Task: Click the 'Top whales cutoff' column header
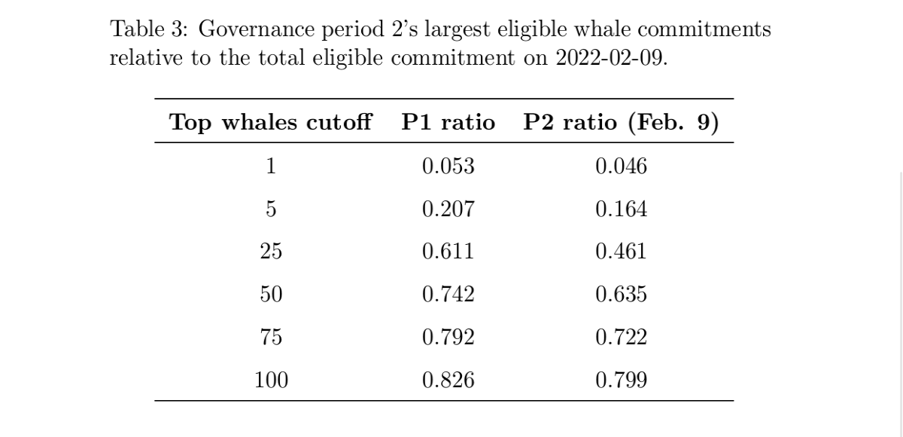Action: (x=270, y=122)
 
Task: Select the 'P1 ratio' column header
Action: (x=448, y=122)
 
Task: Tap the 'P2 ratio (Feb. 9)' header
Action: (x=622, y=122)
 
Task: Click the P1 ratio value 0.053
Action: (x=448, y=167)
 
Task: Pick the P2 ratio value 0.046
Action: (x=622, y=167)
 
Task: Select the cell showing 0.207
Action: (x=448, y=209)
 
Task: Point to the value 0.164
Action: (x=622, y=209)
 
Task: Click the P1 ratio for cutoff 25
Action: (x=448, y=252)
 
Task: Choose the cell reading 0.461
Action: (x=622, y=252)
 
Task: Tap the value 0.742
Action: (x=448, y=294)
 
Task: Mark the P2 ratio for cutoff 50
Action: (x=622, y=294)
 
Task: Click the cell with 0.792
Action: (x=448, y=337)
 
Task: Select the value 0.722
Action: (x=622, y=337)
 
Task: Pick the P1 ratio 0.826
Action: (x=448, y=380)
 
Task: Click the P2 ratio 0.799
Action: (x=622, y=380)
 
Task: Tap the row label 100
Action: (x=271, y=380)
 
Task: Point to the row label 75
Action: (x=271, y=337)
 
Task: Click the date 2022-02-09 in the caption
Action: (x=609, y=58)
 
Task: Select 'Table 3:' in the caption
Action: (x=149, y=29)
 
